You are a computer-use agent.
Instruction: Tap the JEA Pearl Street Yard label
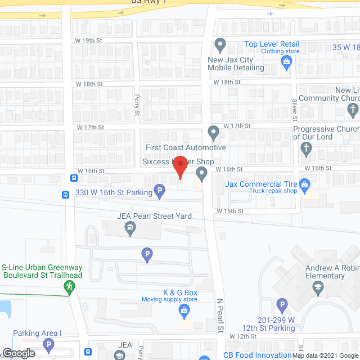154,216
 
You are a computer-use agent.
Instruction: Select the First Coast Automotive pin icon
213,133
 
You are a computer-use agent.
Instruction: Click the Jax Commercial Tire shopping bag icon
305,184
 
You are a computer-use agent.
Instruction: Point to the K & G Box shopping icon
183,310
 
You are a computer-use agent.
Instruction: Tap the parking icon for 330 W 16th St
160,193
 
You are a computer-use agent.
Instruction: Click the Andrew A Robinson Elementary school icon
317,287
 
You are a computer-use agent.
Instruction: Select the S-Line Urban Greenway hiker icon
69,287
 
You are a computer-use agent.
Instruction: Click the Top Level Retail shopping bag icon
287,65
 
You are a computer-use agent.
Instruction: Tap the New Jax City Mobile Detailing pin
220,44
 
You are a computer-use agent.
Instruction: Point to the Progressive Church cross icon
306,149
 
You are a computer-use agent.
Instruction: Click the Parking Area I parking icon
49,345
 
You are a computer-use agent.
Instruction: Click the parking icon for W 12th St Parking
282,305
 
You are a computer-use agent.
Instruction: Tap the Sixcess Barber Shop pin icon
201,177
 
